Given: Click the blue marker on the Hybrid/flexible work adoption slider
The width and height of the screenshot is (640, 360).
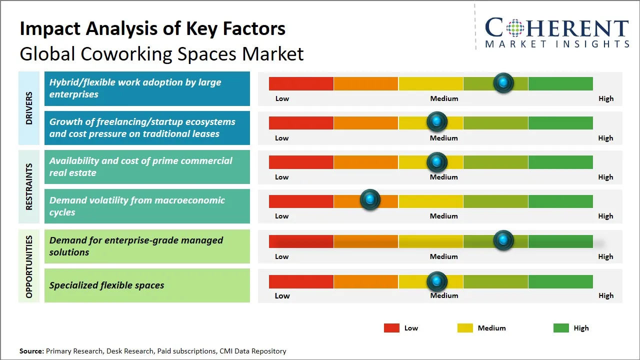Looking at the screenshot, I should [x=503, y=82].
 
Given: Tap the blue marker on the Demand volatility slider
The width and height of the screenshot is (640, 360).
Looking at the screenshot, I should [x=370, y=200].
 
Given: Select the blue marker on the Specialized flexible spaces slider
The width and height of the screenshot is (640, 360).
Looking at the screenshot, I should [x=437, y=281].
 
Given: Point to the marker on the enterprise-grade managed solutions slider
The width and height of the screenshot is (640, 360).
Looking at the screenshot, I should [x=503, y=240].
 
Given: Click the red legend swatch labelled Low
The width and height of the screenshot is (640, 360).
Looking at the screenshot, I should [x=391, y=328].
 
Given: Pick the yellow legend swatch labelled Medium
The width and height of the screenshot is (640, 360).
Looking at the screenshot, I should [x=465, y=328].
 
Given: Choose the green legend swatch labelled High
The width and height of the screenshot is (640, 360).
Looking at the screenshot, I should [x=561, y=328].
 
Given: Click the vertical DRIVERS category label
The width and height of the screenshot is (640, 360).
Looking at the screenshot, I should [x=29, y=108].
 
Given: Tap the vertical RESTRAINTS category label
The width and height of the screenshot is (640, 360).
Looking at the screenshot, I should [x=29, y=186].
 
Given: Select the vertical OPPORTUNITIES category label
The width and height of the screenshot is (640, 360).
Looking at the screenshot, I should [x=29, y=266].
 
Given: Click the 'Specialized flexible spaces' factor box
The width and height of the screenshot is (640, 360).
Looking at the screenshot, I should [x=147, y=285].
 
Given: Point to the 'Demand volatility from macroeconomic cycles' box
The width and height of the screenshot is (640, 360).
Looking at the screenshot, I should [x=147, y=206].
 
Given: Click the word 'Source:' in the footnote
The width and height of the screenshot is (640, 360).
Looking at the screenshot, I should [x=31, y=351].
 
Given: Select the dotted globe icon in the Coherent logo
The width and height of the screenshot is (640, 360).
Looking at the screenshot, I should [x=515, y=28].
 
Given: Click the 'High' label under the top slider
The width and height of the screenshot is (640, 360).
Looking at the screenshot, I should [x=606, y=98].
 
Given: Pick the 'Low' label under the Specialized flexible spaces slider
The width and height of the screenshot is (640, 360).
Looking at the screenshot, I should [x=282, y=295].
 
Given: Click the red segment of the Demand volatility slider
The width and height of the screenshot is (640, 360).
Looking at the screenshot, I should [x=301, y=201].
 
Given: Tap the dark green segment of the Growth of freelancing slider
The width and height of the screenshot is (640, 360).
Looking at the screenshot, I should [x=560, y=122].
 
